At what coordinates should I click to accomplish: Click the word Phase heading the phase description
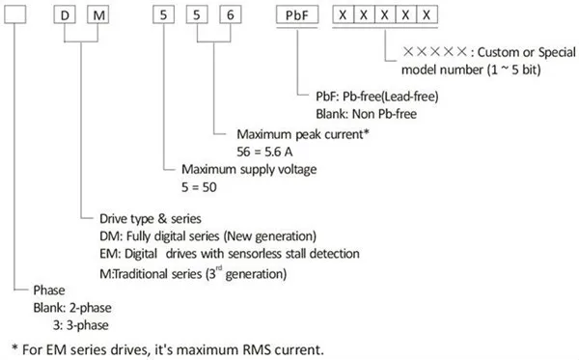tap(49, 291)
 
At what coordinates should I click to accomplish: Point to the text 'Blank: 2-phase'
tap(72, 308)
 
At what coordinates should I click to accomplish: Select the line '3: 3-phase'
tap(81, 325)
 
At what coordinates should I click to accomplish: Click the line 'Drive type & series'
tap(151, 218)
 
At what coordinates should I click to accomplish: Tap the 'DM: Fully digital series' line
tap(207, 235)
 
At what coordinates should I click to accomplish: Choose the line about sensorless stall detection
tap(230, 254)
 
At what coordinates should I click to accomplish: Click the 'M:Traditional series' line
tap(193, 273)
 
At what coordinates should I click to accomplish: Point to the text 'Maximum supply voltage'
tap(249, 169)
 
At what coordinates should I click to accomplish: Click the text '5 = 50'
tap(199, 187)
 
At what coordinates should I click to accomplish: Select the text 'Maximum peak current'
tap(303, 134)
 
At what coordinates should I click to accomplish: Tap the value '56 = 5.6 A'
tap(264, 152)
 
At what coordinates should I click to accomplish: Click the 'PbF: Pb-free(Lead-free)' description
tap(377, 97)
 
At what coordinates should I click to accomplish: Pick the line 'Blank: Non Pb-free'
tap(366, 114)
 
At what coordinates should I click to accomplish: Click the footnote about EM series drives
tap(168, 349)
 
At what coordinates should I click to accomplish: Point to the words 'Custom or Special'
tap(527, 52)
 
